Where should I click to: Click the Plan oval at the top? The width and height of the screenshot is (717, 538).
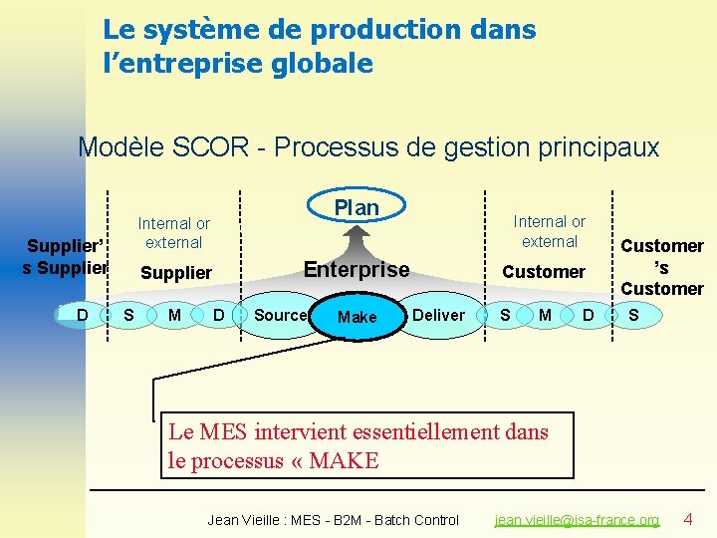[x=357, y=207]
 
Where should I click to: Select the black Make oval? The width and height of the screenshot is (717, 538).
[x=357, y=317]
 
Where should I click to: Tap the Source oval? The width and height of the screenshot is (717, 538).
[x=280, y=315]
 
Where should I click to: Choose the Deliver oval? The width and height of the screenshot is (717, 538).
[x=438, y=315]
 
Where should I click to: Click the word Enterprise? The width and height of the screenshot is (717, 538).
[x=356, y=269]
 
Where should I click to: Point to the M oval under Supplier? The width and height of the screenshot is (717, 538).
[x=174, y=316]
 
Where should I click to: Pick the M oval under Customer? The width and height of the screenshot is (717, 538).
[x=545, y=316]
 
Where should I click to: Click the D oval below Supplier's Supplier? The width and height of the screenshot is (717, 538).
[x=83, y=316]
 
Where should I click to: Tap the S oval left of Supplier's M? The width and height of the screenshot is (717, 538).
[x=127, y=316]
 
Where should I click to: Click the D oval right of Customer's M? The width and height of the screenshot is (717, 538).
[x=588, y=316]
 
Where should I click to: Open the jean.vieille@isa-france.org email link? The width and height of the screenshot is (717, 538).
[x=578, y=520]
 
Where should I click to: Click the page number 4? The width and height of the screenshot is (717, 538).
[x=687, y=519]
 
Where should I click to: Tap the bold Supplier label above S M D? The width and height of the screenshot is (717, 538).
[x=176, y=272]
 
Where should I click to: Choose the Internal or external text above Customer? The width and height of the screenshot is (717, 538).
[x=549, y=231]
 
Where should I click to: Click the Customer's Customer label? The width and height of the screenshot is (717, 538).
[x=661, y=267]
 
